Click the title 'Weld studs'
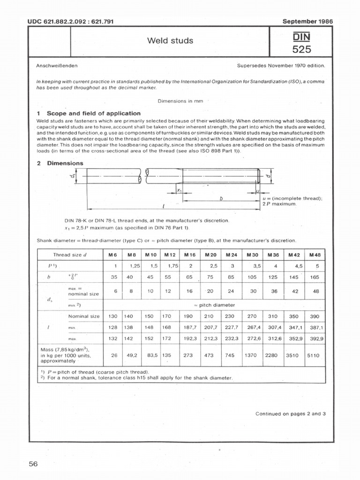[170, 41]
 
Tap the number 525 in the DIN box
[301, 49]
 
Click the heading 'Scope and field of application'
[93, 113]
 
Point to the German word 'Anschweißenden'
[57, 66]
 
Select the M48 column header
[314, 255]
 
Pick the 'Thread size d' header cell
[70, 255]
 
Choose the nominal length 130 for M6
[113, 316]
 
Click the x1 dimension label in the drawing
[179, 190]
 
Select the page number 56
[33, 464]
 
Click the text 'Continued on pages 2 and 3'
[290, 414]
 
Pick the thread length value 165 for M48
[314, 277]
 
